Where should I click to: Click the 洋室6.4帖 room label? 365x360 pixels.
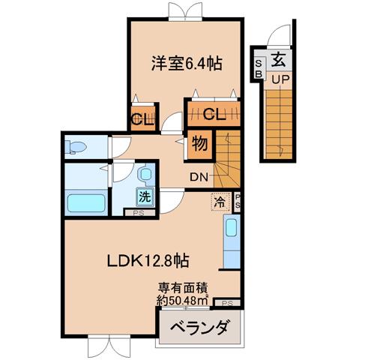187,64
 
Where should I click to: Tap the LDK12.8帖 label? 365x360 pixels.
148,261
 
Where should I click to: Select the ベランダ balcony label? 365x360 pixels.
199,327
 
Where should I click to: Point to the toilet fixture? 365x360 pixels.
75,147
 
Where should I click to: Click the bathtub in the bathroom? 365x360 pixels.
86,203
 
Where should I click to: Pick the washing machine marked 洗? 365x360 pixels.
145,196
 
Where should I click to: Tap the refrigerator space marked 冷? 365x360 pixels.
220,202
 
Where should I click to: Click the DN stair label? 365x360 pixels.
199,177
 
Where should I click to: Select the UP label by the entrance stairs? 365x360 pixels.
280,79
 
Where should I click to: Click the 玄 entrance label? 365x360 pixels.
278,60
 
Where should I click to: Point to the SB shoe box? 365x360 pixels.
259,68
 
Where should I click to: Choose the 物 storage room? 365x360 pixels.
200,145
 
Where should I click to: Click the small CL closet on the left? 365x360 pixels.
143,118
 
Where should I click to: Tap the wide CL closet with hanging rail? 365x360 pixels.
214,114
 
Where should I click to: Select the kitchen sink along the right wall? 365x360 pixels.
231,227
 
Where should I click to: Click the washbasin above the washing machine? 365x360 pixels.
145,174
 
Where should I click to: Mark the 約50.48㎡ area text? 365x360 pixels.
183,301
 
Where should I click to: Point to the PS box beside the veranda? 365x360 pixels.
227,303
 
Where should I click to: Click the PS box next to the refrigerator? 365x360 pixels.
237,202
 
